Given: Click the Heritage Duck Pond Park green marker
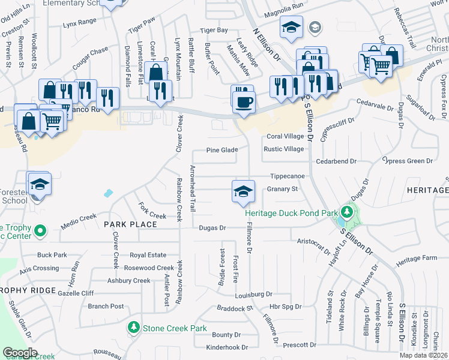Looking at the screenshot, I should click(346, 212).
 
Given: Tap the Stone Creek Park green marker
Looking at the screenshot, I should click(133, 328).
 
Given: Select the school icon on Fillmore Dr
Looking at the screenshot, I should click(242, 191).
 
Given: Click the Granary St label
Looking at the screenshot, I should click(283, 190).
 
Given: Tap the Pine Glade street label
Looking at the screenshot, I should click(222, 150).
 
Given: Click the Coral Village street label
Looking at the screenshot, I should click(285, 136).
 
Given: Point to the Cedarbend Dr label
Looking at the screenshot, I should click(337, 161).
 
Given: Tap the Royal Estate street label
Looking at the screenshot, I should click(148, 255).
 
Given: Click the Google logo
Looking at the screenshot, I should click(20, 353).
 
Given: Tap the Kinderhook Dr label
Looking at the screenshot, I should click(226, 347).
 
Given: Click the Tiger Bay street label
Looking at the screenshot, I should click(214, 29).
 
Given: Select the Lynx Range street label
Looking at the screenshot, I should click(79, 22).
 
